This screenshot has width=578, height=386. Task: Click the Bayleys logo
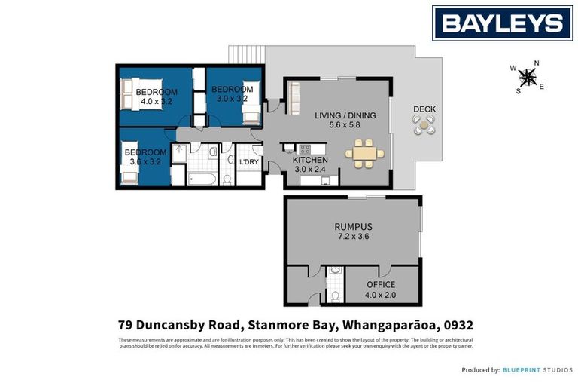501,23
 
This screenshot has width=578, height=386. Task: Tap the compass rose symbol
528,76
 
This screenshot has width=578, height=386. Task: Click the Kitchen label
310,161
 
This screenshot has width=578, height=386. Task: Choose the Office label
380,284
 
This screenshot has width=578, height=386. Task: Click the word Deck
424,109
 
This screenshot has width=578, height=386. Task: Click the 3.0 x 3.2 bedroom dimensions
232,98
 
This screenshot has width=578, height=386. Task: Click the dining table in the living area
364,155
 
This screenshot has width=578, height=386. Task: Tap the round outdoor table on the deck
424,128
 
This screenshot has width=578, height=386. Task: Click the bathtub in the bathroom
202,180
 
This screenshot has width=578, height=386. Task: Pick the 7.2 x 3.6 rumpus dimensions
352,237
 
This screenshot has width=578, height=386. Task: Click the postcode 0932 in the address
458,326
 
